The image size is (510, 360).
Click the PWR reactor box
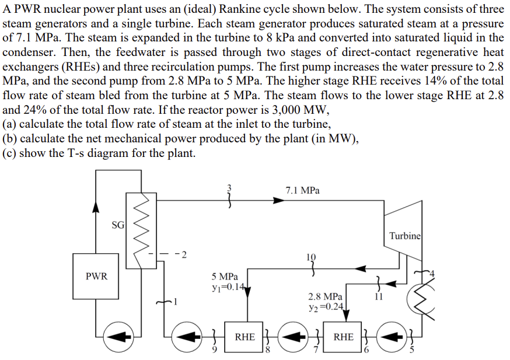click(96, 276)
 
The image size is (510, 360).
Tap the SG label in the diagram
click(117, 225)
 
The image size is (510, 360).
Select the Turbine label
click(404, 236)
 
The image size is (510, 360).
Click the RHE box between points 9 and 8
click(244, 337)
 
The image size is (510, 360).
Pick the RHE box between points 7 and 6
click(343, 337)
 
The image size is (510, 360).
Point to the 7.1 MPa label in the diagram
click(302, 190)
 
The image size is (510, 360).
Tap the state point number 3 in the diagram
click(229, 188)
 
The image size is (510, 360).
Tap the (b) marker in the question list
click(10, 138)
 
